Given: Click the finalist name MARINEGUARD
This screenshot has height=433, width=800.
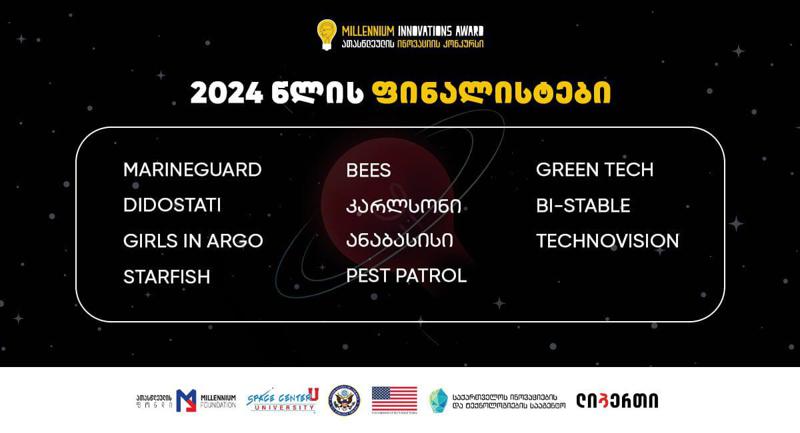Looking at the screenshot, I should [192, 169].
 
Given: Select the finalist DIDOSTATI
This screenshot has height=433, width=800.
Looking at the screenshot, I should [172, 205].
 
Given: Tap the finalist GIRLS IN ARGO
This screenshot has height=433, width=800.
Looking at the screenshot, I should [193, 241].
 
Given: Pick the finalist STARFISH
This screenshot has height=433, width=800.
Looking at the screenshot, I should [166, 277].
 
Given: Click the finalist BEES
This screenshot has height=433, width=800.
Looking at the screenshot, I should [368, 170].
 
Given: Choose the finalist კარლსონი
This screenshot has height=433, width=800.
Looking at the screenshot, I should [403, 206].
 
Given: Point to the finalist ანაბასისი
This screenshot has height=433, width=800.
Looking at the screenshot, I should [399, 241].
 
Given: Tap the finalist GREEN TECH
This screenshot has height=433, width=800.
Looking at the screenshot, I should [594, 169].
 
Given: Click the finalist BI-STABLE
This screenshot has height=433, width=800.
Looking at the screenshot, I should [583, 205].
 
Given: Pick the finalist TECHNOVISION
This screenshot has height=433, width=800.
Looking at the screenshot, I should [607, 241].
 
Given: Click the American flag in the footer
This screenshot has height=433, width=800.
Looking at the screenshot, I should [394, 400].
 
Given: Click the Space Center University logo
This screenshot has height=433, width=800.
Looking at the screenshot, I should [281, 400].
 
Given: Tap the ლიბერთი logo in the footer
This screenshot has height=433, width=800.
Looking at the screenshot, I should [624, 400].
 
